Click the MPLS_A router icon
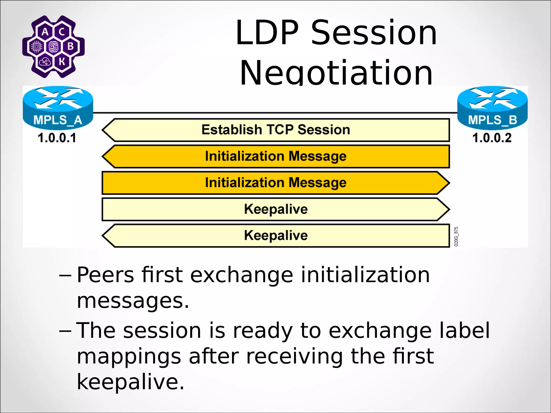point(58,108)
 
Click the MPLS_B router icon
point(492,108)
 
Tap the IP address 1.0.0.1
point(57,138)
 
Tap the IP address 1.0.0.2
point(492,138)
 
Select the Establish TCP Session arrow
point(276,130)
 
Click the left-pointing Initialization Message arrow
point(276,156)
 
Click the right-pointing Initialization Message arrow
point(276,183)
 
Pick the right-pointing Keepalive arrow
point(276,209)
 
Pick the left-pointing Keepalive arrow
point(276,235)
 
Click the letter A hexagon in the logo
point(45,32)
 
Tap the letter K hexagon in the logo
point(62,62)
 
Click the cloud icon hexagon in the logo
point(45,62)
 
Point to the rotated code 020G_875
point(456,236)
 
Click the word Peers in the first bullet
point(105,275)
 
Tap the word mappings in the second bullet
point(129,357)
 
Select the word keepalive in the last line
point(130,382)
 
